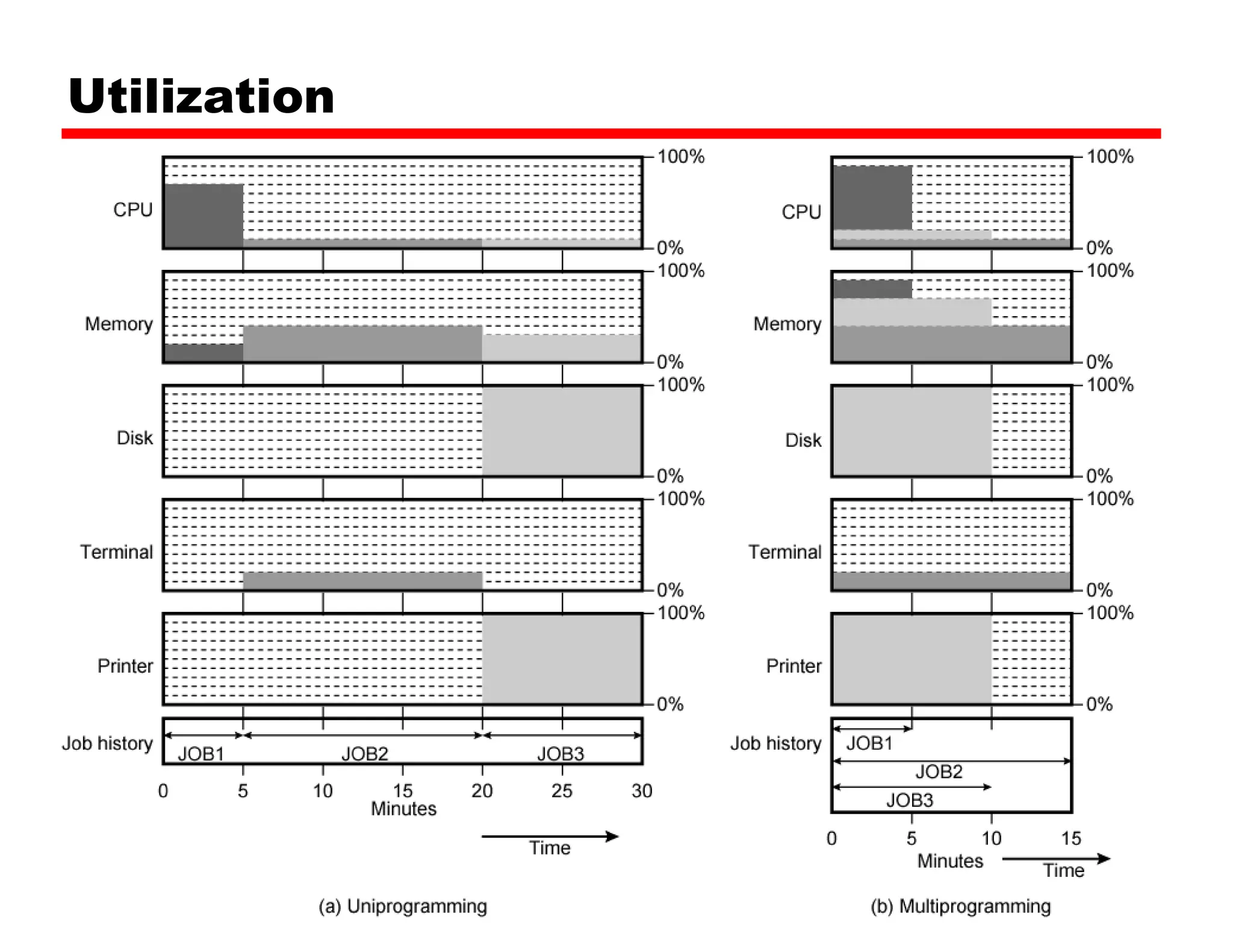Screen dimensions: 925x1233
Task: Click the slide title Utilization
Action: pos(201,96)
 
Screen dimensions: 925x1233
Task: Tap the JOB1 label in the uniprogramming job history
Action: pos(201,753)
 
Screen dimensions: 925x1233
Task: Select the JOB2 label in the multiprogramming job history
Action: pos(939,771)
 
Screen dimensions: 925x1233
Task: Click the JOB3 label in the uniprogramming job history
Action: pos(561,753)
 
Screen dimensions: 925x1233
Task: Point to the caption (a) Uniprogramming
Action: pos(403,906)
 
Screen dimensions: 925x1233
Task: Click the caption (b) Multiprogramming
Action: pos(960,906)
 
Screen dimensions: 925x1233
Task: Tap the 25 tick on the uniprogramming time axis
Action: pos(562,791)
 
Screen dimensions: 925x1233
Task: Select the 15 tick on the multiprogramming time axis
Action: pos(1071,838)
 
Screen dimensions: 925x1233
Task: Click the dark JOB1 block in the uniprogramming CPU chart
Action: pos(204,215)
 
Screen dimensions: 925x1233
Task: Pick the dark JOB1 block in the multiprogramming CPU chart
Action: pos(872,198)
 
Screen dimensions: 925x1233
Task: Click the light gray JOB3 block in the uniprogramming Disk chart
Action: pos(561,431)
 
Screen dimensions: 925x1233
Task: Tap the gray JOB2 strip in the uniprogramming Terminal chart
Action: pos(362,581)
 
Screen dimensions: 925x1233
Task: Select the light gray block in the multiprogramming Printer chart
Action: pos(912,659)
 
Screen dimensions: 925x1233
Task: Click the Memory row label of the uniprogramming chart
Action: pos(119,324)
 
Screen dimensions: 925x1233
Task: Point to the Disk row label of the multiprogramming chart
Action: pos(803,440)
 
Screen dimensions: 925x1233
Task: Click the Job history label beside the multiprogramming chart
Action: pos(775,743)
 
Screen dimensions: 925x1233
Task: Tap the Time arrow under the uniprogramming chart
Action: pos(550,836)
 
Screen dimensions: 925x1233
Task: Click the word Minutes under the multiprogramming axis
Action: pos(949,861)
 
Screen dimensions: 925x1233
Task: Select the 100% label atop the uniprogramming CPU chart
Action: pos(680,157)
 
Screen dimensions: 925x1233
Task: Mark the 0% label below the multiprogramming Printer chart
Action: pos(1099,704)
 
